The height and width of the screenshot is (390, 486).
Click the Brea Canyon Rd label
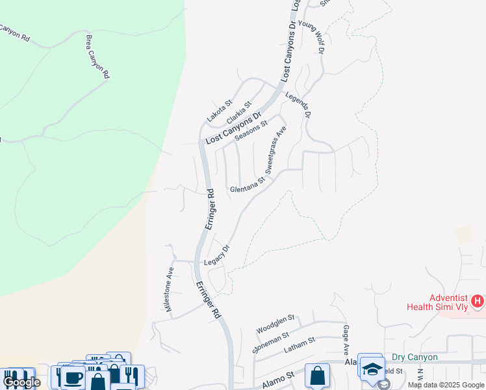click(x=96, y=57)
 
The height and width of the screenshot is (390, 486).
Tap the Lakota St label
click(x=220, y=111)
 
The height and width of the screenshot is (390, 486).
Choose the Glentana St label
click(x=248, y=187)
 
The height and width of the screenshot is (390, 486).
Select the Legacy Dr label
click(x=218, y=255)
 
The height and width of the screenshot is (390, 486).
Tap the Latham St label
click(x=300, y=344)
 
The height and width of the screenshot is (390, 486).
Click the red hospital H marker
click(x=478, y=301)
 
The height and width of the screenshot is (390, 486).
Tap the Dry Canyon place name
click(x=415, y=357)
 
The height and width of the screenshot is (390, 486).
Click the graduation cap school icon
click(x=371, y=369)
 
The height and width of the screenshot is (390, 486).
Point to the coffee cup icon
click(x=73, y=378)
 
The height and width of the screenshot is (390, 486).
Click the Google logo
click(x=21, y=382)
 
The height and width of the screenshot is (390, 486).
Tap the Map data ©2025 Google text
click(x=446, y=385)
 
